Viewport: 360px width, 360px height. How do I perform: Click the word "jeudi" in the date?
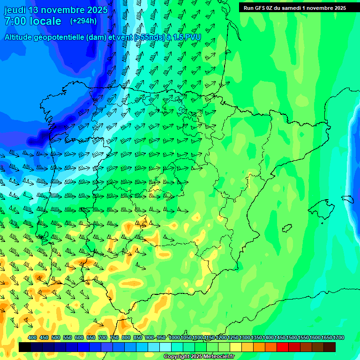tap(15, 10)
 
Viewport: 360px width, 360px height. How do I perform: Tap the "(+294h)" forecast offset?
tap(83, 21)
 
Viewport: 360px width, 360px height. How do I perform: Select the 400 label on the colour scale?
tap(32, 338)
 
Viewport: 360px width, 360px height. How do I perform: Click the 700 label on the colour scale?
tap(103, 338)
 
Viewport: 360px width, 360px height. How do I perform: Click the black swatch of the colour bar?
tap(25, 347)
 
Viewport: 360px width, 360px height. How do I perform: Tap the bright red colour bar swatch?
tap(283, 347)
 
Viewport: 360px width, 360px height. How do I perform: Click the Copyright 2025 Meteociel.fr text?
tap(199, 357)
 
